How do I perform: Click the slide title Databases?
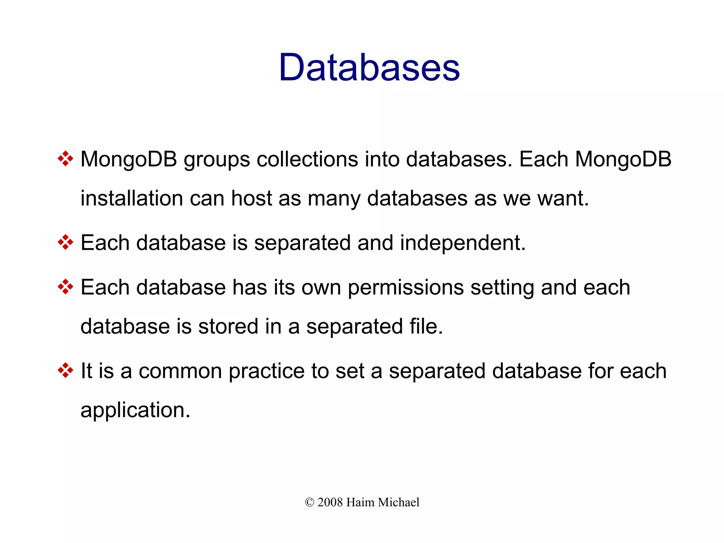pos(369,67)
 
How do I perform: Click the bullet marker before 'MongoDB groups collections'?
pos(65,159)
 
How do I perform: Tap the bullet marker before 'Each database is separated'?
pos(65,242)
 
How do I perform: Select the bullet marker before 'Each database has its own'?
pos(65,287)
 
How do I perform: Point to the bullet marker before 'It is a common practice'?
pos(65,370)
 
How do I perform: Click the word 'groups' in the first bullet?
pos(217,160)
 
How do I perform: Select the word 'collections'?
pos(307,159)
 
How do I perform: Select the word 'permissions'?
pos(405,288)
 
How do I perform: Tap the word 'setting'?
pos(502,288)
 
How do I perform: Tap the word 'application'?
pos(133,410)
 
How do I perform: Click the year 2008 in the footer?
pos(330,502)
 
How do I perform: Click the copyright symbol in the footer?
pos(309,502)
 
